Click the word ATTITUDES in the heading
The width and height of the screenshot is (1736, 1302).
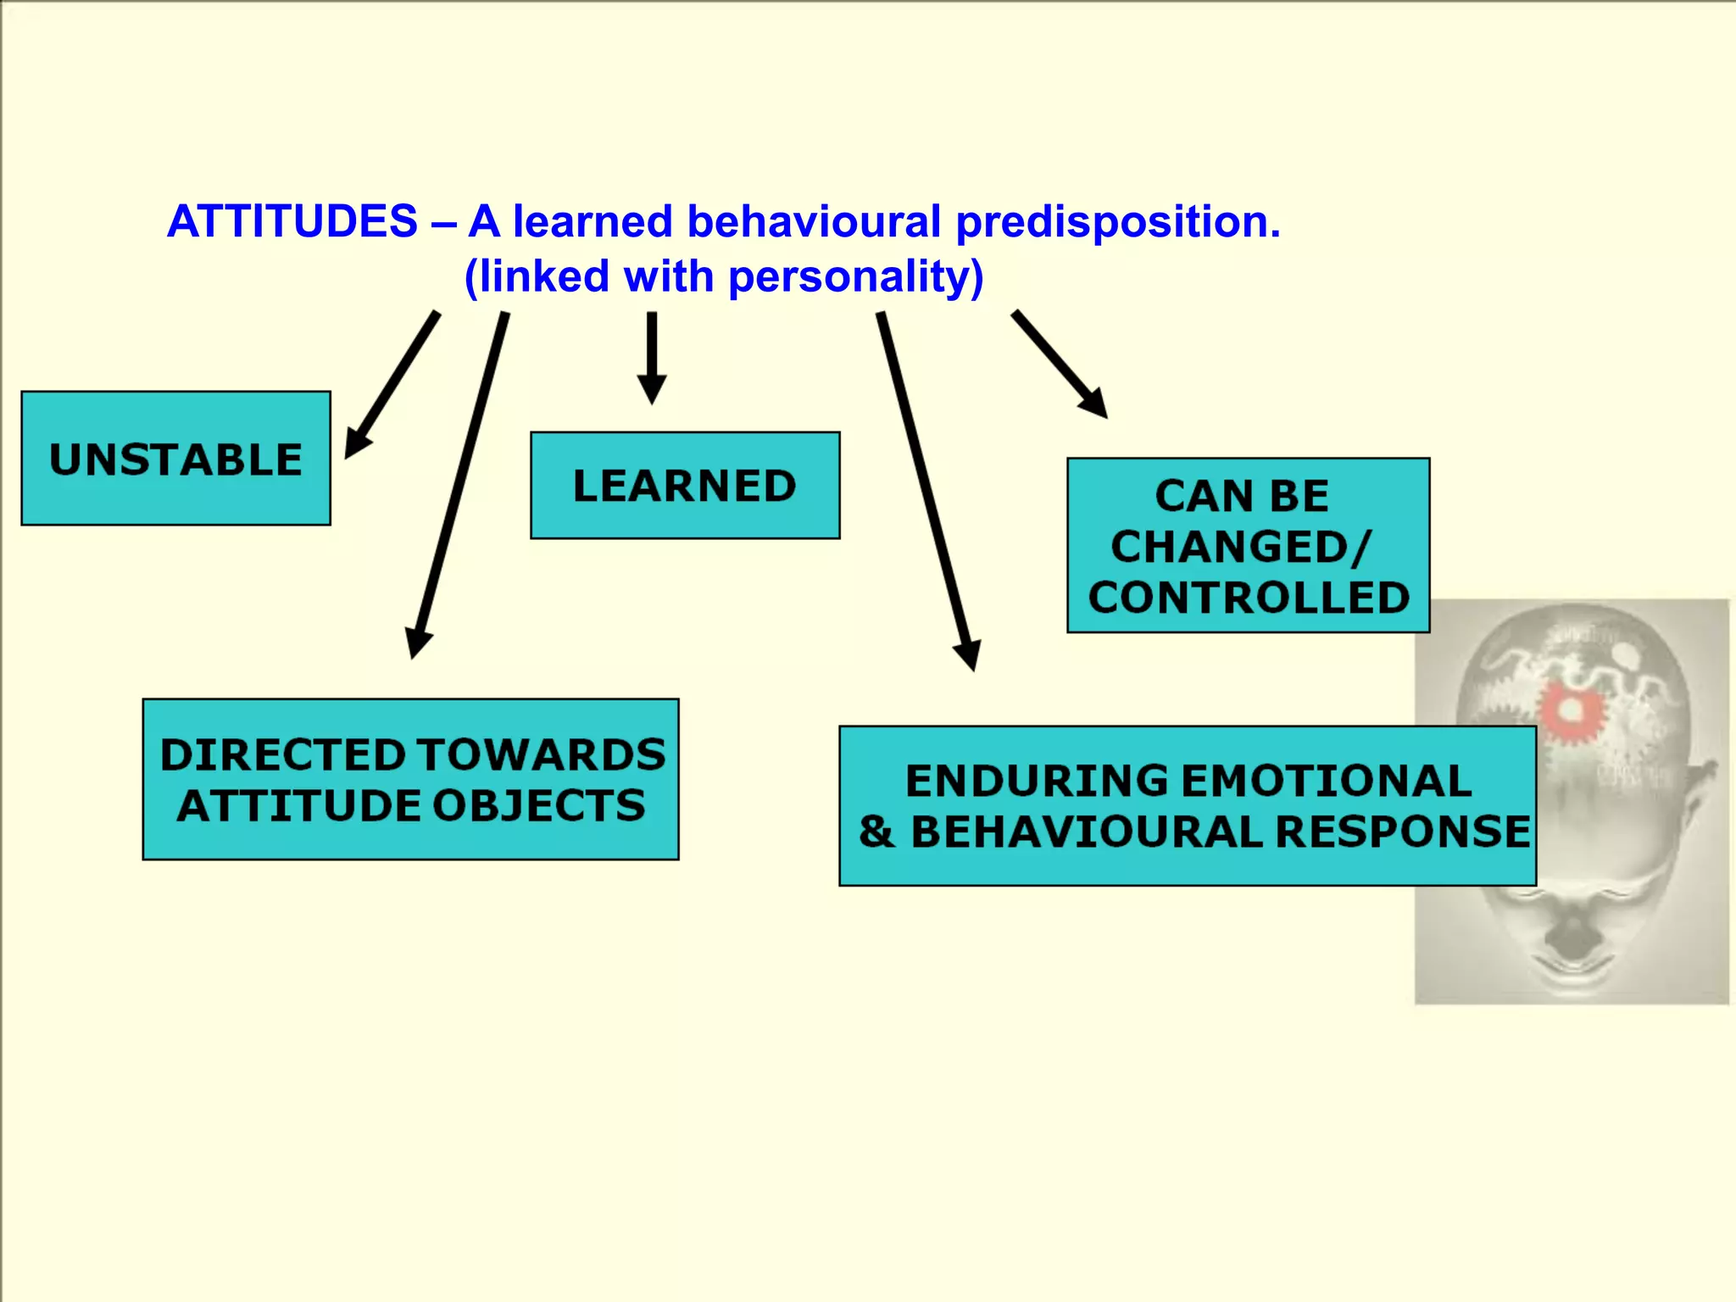click(292, 222)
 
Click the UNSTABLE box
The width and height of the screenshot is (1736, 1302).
click(175, 459)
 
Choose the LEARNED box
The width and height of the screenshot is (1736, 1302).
click(685, 486)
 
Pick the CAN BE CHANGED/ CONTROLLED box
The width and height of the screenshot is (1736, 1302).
click(1248, 545)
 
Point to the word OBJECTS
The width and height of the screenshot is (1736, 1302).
click(539, 806)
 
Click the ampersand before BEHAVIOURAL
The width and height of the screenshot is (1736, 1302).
click(876, 832)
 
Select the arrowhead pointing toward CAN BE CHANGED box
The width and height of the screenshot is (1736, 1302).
click(1094, 403)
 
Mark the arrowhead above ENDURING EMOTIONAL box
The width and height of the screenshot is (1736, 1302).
click(968, 654)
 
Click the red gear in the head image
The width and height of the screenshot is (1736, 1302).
click(1571, 711)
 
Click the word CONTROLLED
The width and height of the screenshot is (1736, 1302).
click(1249, 598)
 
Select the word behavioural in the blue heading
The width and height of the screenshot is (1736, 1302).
click(814, 222)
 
